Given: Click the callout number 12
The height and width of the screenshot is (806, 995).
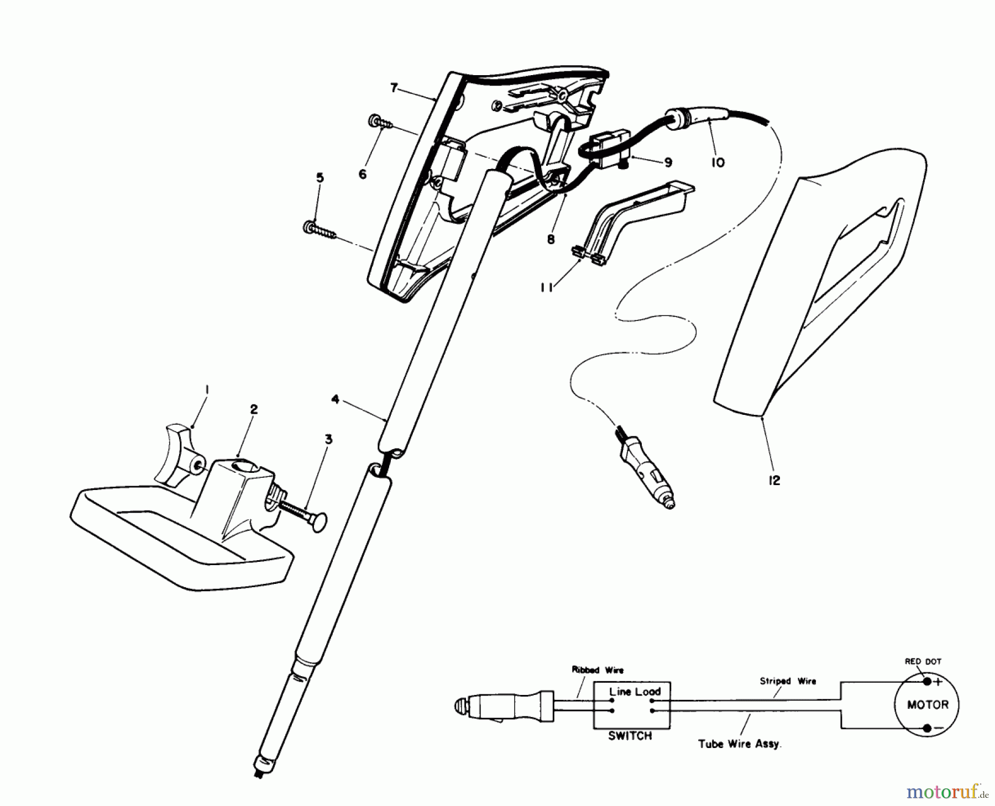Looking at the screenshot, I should click(x=774, y=481).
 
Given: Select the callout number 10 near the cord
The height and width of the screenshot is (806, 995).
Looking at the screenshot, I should click(x=718, y=163).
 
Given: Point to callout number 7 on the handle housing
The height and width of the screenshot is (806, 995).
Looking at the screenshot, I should click(x=394, y=88).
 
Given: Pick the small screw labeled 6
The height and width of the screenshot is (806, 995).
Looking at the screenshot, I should click(x=379, y=122).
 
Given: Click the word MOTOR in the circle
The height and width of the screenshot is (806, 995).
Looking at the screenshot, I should click(x=928, y=704).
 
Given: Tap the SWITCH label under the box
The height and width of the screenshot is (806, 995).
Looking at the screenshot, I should click(x=630, y=736).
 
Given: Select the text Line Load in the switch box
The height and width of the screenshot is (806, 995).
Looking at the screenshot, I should click(x=634, y=692).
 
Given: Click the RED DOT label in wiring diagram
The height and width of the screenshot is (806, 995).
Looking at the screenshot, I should click(x=923, y=661).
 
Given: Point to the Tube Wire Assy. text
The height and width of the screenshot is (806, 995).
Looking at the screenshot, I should click(x=739, y=744).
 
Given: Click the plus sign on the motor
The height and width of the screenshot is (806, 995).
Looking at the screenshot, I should click(x=938, y=682).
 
